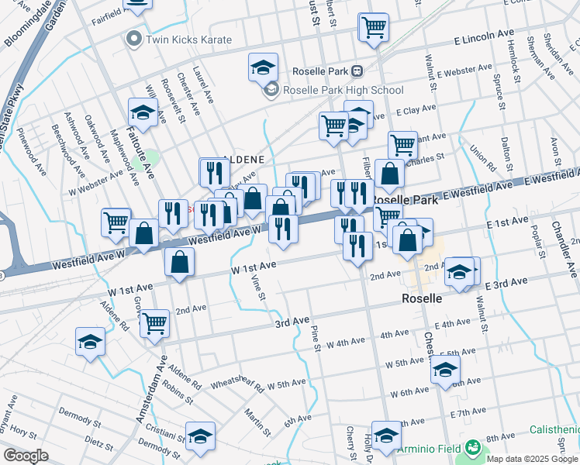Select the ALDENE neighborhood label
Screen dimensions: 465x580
[x=244, y=160]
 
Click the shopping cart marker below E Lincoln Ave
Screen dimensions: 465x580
[x=374, y=28]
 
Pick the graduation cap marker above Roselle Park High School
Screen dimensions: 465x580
[x=263, y=67]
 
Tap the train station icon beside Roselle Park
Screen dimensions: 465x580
[x=357, y=71]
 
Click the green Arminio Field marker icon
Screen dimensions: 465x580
[x=472, y=448]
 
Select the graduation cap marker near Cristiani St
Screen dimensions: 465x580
[x=200, y=436]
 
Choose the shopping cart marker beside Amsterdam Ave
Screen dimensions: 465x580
[x=154, y=322]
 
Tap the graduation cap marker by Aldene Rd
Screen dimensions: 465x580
[x=90, y=342]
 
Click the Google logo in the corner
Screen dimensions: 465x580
[x=26, y=456]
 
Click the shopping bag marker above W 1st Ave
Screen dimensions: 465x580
[x=179, y=263]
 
